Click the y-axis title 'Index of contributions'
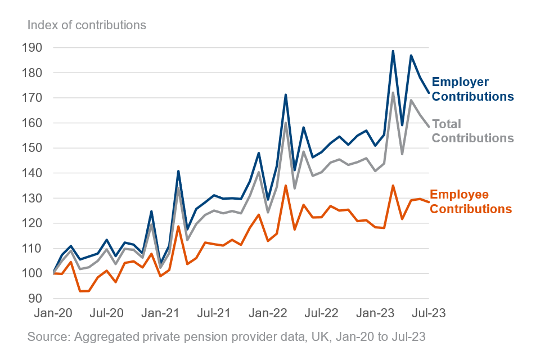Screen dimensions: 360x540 coord(87,25)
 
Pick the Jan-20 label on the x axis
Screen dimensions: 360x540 coord(54,313)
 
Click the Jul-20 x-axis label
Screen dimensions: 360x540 coord(107,313)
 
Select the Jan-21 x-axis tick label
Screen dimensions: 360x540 coord(161,313)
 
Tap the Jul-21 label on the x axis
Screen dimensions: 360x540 coord(214,313)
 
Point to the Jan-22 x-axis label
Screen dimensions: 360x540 coord(268,313)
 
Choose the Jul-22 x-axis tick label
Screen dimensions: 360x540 coord(321,313)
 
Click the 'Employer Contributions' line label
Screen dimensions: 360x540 coord(472,89)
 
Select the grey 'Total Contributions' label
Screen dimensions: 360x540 coord(472,131)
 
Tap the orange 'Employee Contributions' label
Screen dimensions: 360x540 coord(471,202)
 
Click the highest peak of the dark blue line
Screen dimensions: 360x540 coord(393,51)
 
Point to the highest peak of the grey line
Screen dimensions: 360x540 coord(393,92)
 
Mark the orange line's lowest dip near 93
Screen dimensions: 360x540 coord(80,291)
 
